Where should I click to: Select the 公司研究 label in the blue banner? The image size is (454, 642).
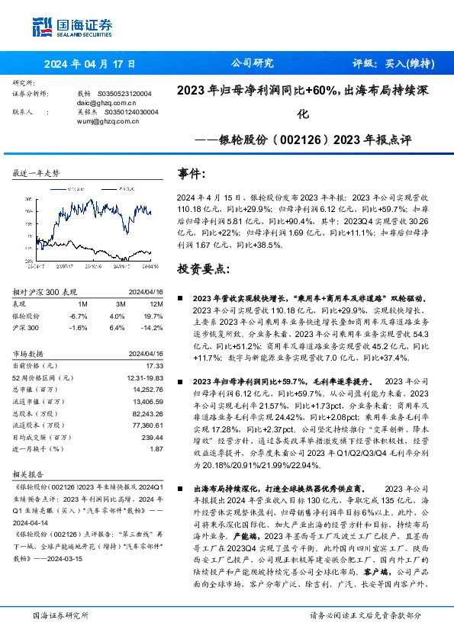click(251, 64)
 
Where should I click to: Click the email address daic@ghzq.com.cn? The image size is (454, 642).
click(107, 101)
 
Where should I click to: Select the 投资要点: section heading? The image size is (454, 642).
click(203, 269)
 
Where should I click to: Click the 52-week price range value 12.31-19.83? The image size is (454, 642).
click(143, 379)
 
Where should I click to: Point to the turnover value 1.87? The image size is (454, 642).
click(156, 449)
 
